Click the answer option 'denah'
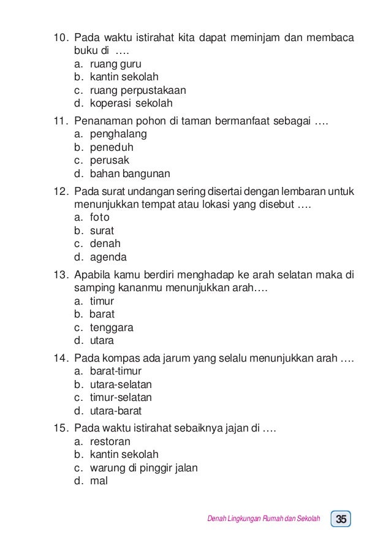pyautogui.click(x=105, y=243)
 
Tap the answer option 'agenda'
pyautogui.click(x=108, y=257)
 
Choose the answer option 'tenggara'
pyautogui.click(x=112, y=327)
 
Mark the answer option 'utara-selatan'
pyautogui.click(x=121, y=384)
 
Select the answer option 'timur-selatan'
pyautogui.click(x=121, y=398)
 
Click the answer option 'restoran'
pyautogui.click(x=110, y=441)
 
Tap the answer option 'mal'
pyautogui.click(x=99, y=481)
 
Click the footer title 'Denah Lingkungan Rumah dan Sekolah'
pyautogui.click(x=264, y=520)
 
